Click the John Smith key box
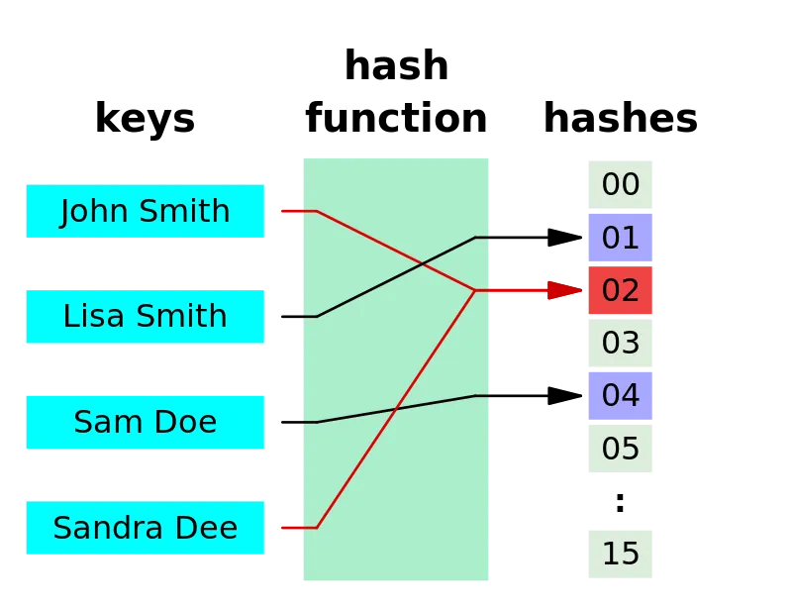coord(145,211)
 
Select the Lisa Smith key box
coord(145,317)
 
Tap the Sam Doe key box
coord(145,422)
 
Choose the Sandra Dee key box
coord(145,528)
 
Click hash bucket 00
coord(621,184)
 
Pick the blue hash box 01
coord(621,238)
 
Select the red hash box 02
coord(621,290)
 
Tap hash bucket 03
coord(621,343)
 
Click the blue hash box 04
coord(621,396)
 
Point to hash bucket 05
coord(621,449)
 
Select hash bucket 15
coord(621,554)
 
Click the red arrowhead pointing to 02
coord(564,290)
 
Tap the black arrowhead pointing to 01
coord(564,237)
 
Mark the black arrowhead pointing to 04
coord(564,396)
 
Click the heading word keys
coord(145,119)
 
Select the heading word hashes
coord(621,118)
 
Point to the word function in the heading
coord(396,118)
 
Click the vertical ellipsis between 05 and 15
coord(621,502)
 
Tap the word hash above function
coord(397,65)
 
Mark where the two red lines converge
coord(475,290)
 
